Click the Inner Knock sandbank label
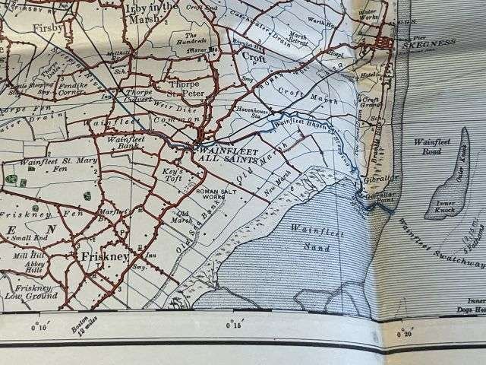[x=443, y=206]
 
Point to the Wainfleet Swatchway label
[x=440, y=243]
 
